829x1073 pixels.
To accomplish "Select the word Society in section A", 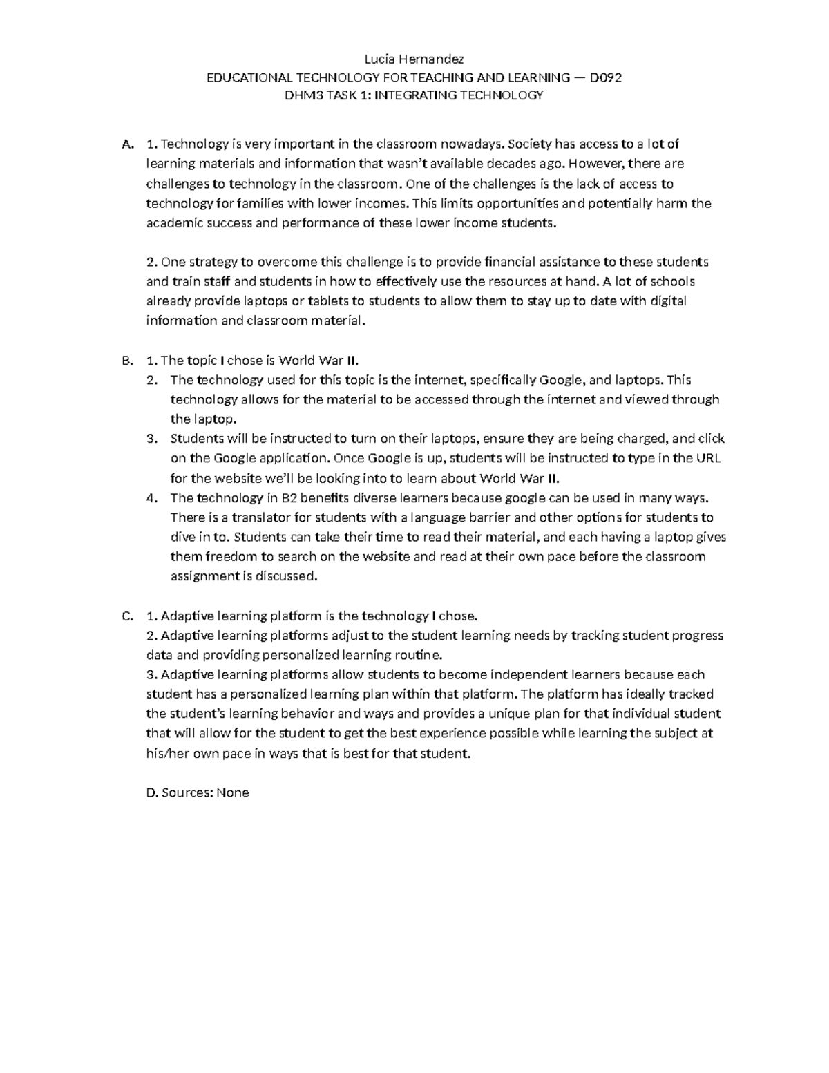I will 531,144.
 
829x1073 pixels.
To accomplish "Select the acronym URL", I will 709,458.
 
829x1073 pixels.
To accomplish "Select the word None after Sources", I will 233,792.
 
